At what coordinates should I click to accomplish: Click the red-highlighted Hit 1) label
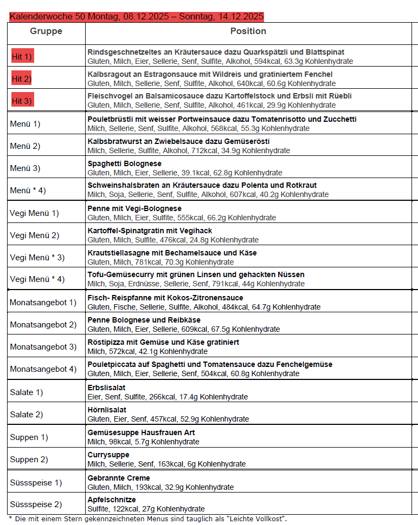(x=22, y=56)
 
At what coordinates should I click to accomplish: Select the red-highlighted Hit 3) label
(x=22, y=101)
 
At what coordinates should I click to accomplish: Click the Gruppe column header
(x=46, y=31)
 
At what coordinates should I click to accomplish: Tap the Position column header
(x=248, y=31)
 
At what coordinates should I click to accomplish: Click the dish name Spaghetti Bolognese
(x=124, y=163)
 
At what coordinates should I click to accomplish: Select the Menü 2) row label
(x=25, y=146)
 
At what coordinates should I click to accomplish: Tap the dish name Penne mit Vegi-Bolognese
(x=134, y=208)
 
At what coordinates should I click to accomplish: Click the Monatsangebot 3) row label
(x=43, y=347)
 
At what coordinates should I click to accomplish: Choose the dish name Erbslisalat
(x=106, y=388)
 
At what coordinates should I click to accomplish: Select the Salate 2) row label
(x=27, y=415)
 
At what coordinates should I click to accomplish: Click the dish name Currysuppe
(x=108, y=455)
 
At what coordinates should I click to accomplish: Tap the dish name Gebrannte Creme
(x=119, y=478)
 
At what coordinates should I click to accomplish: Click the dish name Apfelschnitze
(x=112, y=500)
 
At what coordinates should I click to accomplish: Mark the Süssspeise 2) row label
(x=36, y=504)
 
